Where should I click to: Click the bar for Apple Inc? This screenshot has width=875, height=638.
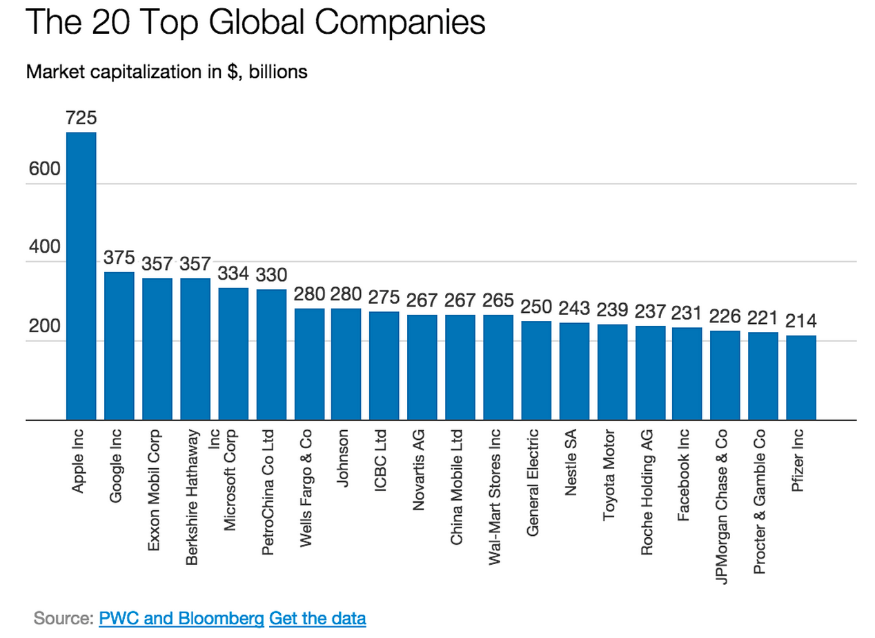pyautogui.click(x=81, y=276)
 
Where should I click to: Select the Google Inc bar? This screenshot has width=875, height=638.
pyautogui.click(x=119, y=345)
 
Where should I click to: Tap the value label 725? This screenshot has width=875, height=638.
pyautogui.click(x=81, y=119)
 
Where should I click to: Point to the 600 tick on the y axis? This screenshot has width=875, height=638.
pyautogui.click(x=44, y=170)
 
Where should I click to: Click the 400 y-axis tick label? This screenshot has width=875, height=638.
pyautogui.click(x=44, y=248)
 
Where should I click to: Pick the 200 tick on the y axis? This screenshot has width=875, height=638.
pyautogui.click(x=44, y=327)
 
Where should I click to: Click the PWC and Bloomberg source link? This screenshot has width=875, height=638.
pyautogui.click(x=181, y=617)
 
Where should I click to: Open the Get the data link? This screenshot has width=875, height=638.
pyautogui.click(x=317, y=617)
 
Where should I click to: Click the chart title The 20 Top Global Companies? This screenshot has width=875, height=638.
pyautogui.click(x=255, y=23)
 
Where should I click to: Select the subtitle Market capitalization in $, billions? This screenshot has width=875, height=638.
pyautogui.click(x=166, y=71)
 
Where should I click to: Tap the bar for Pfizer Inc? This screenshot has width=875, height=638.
pyautogui.click(x=801, y=378)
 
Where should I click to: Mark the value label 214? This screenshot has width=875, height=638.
pyautogui.click(x=801, y=322)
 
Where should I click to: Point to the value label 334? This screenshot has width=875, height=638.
pyautogui.click(x=233, y=273)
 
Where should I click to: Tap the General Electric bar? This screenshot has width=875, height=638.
pyautogui.click(x=536, y=370)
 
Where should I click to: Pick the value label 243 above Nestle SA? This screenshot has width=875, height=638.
pyautogui.click(x=574, y=309)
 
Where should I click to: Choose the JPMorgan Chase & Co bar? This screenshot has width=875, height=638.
pyautogui.click(x=725, y=375)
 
